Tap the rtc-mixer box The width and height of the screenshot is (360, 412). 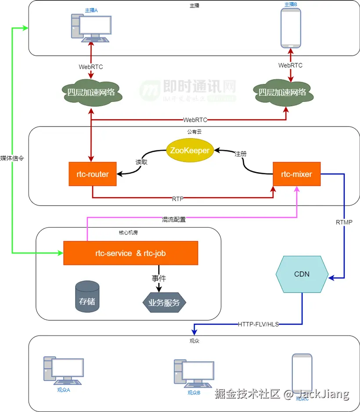click(x=297, y=174)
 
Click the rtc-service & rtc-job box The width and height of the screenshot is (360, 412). click(x=130, y=253)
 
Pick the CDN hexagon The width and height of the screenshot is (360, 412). click(x=302, y=274)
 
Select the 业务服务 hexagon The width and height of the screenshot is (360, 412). click(x=164, y=302)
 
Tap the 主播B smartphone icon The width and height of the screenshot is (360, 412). click(x=291, y=28)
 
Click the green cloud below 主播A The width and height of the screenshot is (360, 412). click(x=91, y=92)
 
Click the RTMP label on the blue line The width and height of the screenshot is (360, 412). click(x=344, y=222)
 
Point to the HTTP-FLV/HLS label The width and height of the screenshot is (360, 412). click(x=258, y=325)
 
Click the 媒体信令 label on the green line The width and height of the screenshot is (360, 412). click(x=12, y=159)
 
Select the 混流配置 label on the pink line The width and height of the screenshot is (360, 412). click(x=174, y=220)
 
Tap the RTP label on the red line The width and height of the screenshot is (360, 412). click(x=177, y=199)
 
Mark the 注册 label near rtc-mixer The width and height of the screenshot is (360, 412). click(x=240, y=154)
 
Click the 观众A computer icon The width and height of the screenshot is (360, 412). click(x=64, y=372)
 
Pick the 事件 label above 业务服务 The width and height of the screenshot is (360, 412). click(x=159, y=278)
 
